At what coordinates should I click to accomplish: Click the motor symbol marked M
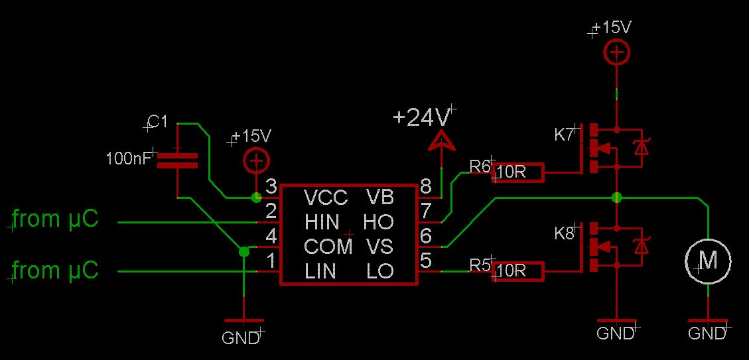707,261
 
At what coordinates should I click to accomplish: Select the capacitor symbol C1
177,161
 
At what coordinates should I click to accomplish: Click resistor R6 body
517,173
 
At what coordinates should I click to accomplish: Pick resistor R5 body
517,271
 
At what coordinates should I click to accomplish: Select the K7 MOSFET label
563,135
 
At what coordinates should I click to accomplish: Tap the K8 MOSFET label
563,234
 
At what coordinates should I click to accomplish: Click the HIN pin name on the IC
322,221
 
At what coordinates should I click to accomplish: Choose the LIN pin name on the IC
320,271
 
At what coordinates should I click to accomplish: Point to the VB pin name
379,197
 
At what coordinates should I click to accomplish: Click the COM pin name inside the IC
328,247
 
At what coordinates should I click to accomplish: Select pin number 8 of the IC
425,186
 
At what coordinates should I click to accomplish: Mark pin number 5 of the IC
425,261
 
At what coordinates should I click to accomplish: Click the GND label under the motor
707,333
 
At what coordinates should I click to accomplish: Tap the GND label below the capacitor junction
239,338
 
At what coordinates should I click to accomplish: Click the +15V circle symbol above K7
617,52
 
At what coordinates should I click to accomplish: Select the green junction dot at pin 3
256,198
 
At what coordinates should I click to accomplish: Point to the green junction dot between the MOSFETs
617,198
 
